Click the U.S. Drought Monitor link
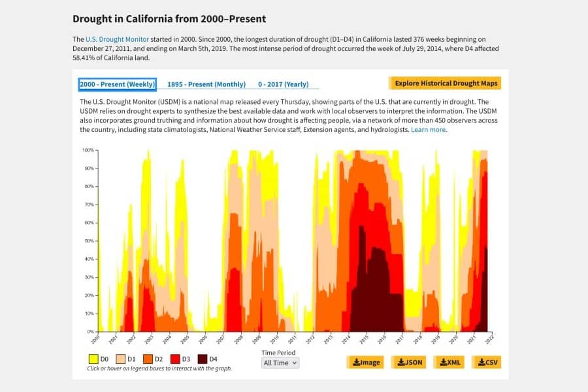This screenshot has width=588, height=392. click(x=117, y=39)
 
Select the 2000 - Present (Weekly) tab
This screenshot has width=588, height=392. click(x=117, y=84)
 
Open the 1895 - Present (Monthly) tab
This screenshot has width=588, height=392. click(x=206, y=84)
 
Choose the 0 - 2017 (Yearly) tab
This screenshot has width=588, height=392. click(x=283, y=84)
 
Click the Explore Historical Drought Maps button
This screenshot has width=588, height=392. click(x=446, y=83)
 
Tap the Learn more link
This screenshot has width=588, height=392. click(x=429, y=130)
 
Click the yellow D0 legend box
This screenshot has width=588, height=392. click(x=94, y=359)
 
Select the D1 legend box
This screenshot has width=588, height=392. click(x=121, y=359)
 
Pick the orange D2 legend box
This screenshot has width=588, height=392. click(x=148, y=359)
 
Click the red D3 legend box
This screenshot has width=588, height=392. click(x=175, y=359)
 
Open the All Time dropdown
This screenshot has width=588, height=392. click(x=280, y=363)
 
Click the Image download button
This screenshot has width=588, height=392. click(x=365, y=362)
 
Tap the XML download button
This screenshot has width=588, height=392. click(x=448, y=362)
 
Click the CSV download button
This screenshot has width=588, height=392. click(x=486, y=362)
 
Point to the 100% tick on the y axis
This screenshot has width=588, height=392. click(x=88, y=150)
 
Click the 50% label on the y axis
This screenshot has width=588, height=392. click(x=88, y=241)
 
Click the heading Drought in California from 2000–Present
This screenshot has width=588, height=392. click(x=169, y=19)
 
